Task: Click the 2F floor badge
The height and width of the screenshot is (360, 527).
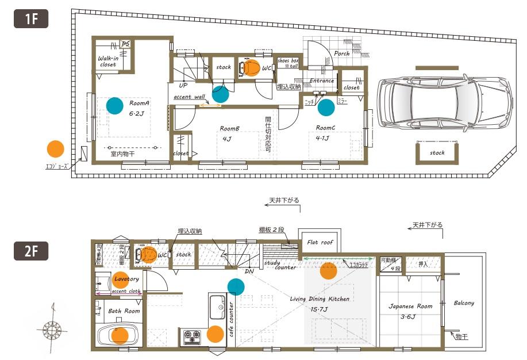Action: pos(30,251)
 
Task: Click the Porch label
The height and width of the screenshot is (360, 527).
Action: pos(342,53)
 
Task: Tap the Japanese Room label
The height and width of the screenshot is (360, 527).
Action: pos(410,307)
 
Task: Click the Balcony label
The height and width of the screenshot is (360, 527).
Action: pos(464,303)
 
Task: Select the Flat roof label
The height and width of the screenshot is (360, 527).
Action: pos(320,242)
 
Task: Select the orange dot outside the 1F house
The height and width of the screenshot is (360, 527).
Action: pos(55,149)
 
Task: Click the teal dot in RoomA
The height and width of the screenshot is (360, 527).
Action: pos(114,105)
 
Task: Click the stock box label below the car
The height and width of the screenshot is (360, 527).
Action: pos(437,153)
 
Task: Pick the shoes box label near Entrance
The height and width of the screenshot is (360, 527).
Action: pos(288,63)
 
